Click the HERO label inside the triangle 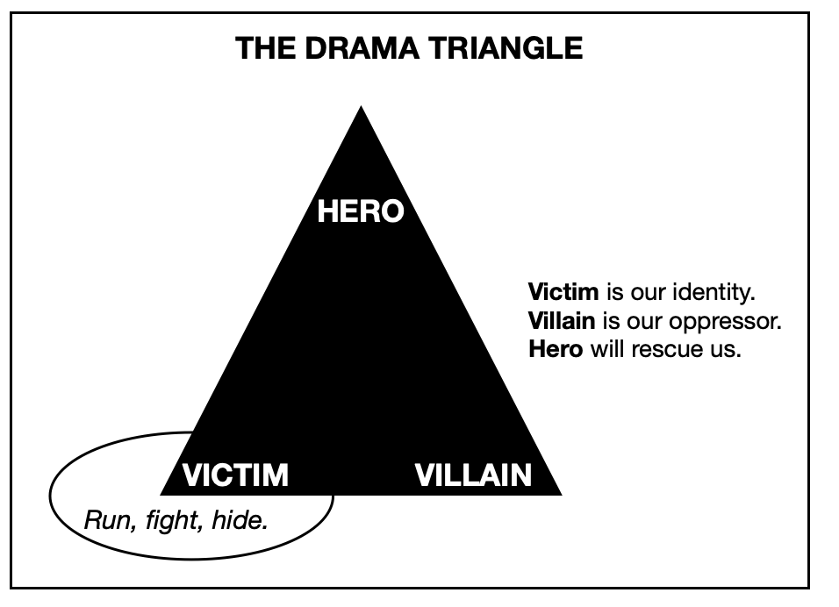coord(361,211)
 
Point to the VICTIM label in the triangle coord(235,475)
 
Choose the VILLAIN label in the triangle coord(473,475)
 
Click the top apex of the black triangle coord(361,107)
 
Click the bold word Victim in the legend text coord(563,291)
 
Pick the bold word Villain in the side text coord(562,320)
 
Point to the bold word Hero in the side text coord(556,349)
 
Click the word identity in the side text coord(718,291)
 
